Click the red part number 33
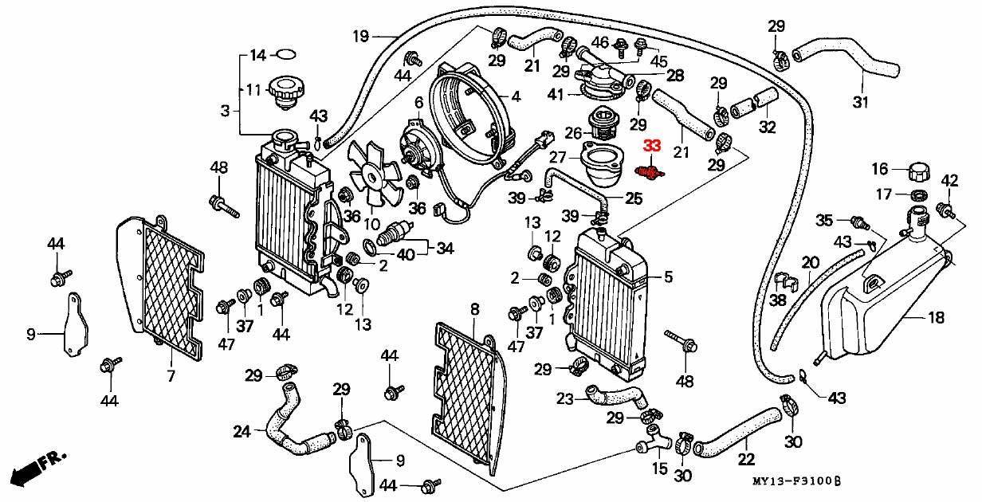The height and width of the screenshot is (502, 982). pos(652,146)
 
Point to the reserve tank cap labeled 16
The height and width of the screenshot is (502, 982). pos(919,172)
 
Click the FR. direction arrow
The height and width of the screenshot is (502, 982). pos(35,466)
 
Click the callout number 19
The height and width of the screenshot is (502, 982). pos(361,36)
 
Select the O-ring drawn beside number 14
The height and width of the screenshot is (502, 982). pos(285,55)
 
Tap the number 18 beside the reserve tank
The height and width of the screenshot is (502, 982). pos(937,318)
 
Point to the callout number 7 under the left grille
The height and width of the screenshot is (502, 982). pos(169,375)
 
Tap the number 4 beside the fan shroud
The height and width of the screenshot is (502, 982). pos(516,97)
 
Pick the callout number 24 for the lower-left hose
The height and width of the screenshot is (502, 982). pos(242,432)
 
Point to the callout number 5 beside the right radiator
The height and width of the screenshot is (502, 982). pos(668,277)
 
